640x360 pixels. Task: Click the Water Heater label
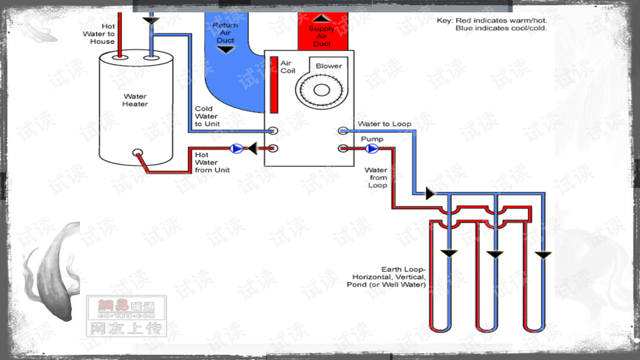click(135, 101)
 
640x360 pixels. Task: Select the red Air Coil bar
click(274, 85)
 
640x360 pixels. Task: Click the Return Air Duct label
click(225, 33)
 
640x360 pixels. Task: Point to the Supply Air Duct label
click(322, 37)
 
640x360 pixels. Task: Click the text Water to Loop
click(384, 124)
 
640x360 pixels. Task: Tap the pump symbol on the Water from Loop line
click(371, 148)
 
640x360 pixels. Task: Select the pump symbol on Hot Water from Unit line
click(235, 149)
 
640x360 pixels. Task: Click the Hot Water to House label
click(99, 34)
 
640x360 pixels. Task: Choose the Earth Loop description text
click(389, 277)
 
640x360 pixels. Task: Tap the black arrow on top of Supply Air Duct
click(322, 19)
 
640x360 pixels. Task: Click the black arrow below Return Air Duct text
click(225, 50)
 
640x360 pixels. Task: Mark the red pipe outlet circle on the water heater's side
click(137, 153)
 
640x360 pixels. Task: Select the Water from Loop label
click(377, 177)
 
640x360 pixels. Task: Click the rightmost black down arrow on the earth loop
click(545, 255)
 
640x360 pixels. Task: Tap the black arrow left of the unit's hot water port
click(253, 149)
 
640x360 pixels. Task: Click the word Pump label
click(371, 139)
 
